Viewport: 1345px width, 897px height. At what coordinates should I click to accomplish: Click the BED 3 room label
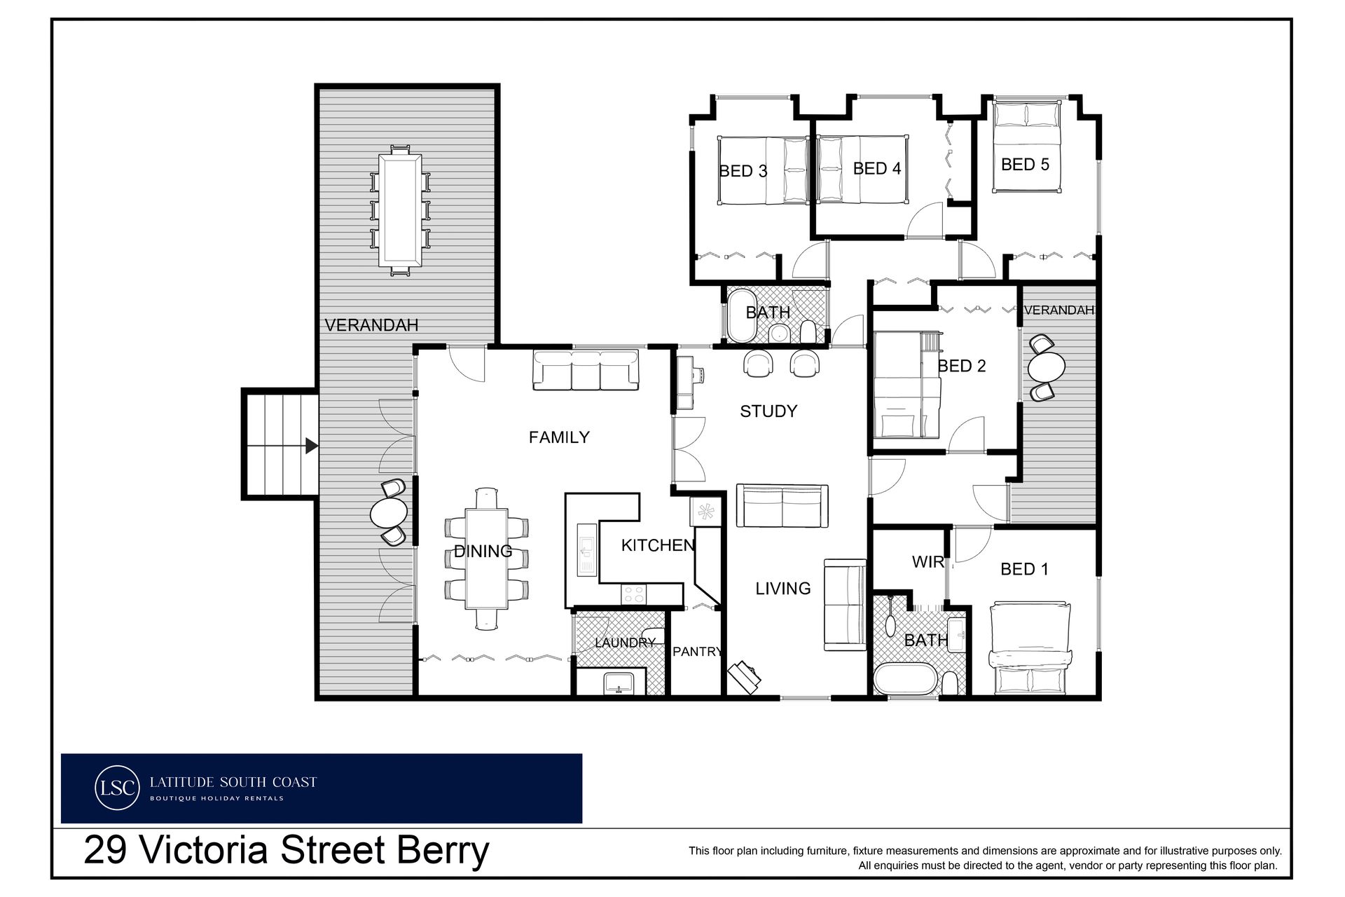click(x=743, y=171)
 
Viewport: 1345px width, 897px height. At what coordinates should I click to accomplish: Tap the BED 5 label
click(x=1025, y=164)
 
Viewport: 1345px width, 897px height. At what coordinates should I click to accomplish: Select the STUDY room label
click(x=768, y=411)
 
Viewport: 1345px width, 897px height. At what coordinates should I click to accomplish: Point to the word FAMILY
click(x=559, y=437)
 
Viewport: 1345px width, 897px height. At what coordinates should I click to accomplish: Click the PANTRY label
click(x=697, y=652)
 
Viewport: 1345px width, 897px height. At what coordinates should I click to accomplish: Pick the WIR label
click(x=928, y=561)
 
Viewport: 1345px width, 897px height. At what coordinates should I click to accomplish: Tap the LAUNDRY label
click(x=625, y=643)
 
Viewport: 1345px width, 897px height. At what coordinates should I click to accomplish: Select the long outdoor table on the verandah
click(x=400, y=210)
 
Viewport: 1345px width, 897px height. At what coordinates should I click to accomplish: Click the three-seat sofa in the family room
click(x=586, y=369)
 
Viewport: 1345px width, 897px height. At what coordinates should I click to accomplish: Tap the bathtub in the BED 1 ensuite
click(x=904, y=679)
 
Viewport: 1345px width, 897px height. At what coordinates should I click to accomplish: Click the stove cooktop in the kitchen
click(x=633, y=594)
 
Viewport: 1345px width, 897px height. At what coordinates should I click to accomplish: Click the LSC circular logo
click(x=116, y=788)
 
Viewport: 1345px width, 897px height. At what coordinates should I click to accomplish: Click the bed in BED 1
click(x=1030, y=648)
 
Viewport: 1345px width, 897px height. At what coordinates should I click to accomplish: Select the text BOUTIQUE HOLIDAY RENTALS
click(x=216, y=798)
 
